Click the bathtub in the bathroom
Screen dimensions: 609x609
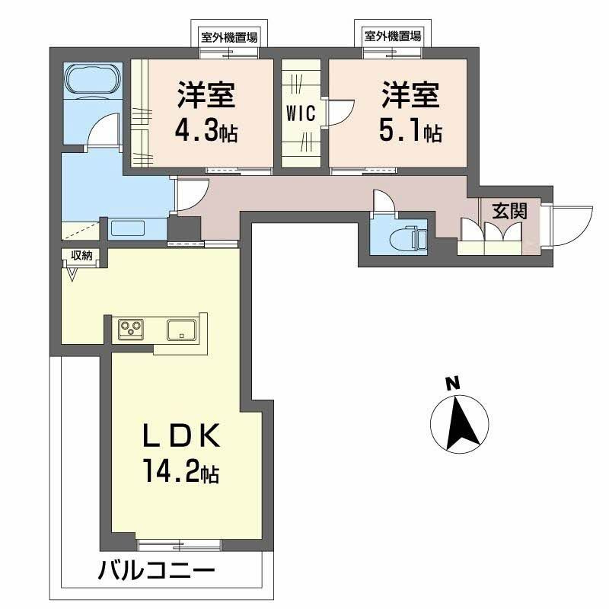tap(92, 80)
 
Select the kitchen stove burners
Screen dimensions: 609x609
tap(131, 330)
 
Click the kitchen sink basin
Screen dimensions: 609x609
tap(182, 330)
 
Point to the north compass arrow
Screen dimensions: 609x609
tap(461, 423)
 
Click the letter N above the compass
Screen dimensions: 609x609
tap(452, 384)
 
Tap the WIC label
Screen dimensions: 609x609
tap(301, 113)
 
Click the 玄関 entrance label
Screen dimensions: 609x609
tap(509, 212)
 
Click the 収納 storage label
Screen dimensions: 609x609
tap(81, 256)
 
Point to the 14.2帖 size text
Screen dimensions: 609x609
tap(182, 470)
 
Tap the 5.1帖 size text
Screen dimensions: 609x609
tap(410, 130)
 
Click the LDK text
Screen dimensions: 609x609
tap(182, 435)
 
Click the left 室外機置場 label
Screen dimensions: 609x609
tap(229, 37)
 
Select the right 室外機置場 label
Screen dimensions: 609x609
tap(393, 37)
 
